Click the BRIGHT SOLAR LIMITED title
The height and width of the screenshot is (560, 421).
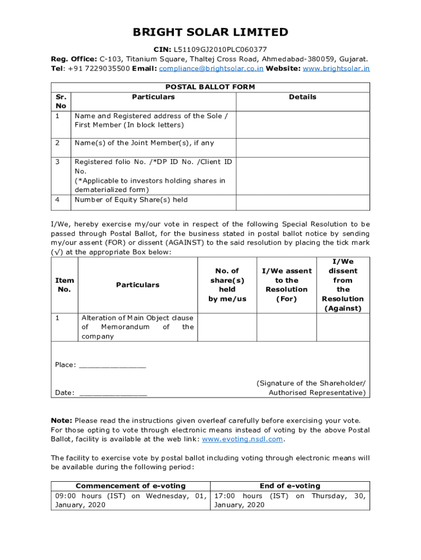click(210, 32)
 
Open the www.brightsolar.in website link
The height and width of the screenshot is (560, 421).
click(336, 68)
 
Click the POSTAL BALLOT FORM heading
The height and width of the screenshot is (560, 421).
click(210, 87)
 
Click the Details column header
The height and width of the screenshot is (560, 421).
click(302, 97)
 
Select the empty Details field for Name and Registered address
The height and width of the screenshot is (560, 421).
click(302, 125)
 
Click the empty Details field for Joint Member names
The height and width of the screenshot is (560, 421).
click(302, 147)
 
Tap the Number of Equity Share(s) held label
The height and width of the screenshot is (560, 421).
click(131, 200)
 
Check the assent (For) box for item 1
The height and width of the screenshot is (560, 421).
click(286, 327)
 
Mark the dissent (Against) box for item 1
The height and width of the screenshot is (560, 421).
click(343, 327)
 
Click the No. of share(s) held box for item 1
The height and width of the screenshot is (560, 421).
click(227, 327)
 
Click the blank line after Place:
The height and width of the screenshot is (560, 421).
click(113, 365)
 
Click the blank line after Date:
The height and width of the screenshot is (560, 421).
click(113, 393)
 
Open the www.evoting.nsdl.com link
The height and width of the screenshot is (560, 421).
click(243, 439)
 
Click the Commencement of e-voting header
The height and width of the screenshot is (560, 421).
click(130, 486)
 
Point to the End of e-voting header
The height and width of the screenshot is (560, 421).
click(290, 486)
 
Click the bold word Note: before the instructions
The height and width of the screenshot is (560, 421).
click(61, 421)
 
